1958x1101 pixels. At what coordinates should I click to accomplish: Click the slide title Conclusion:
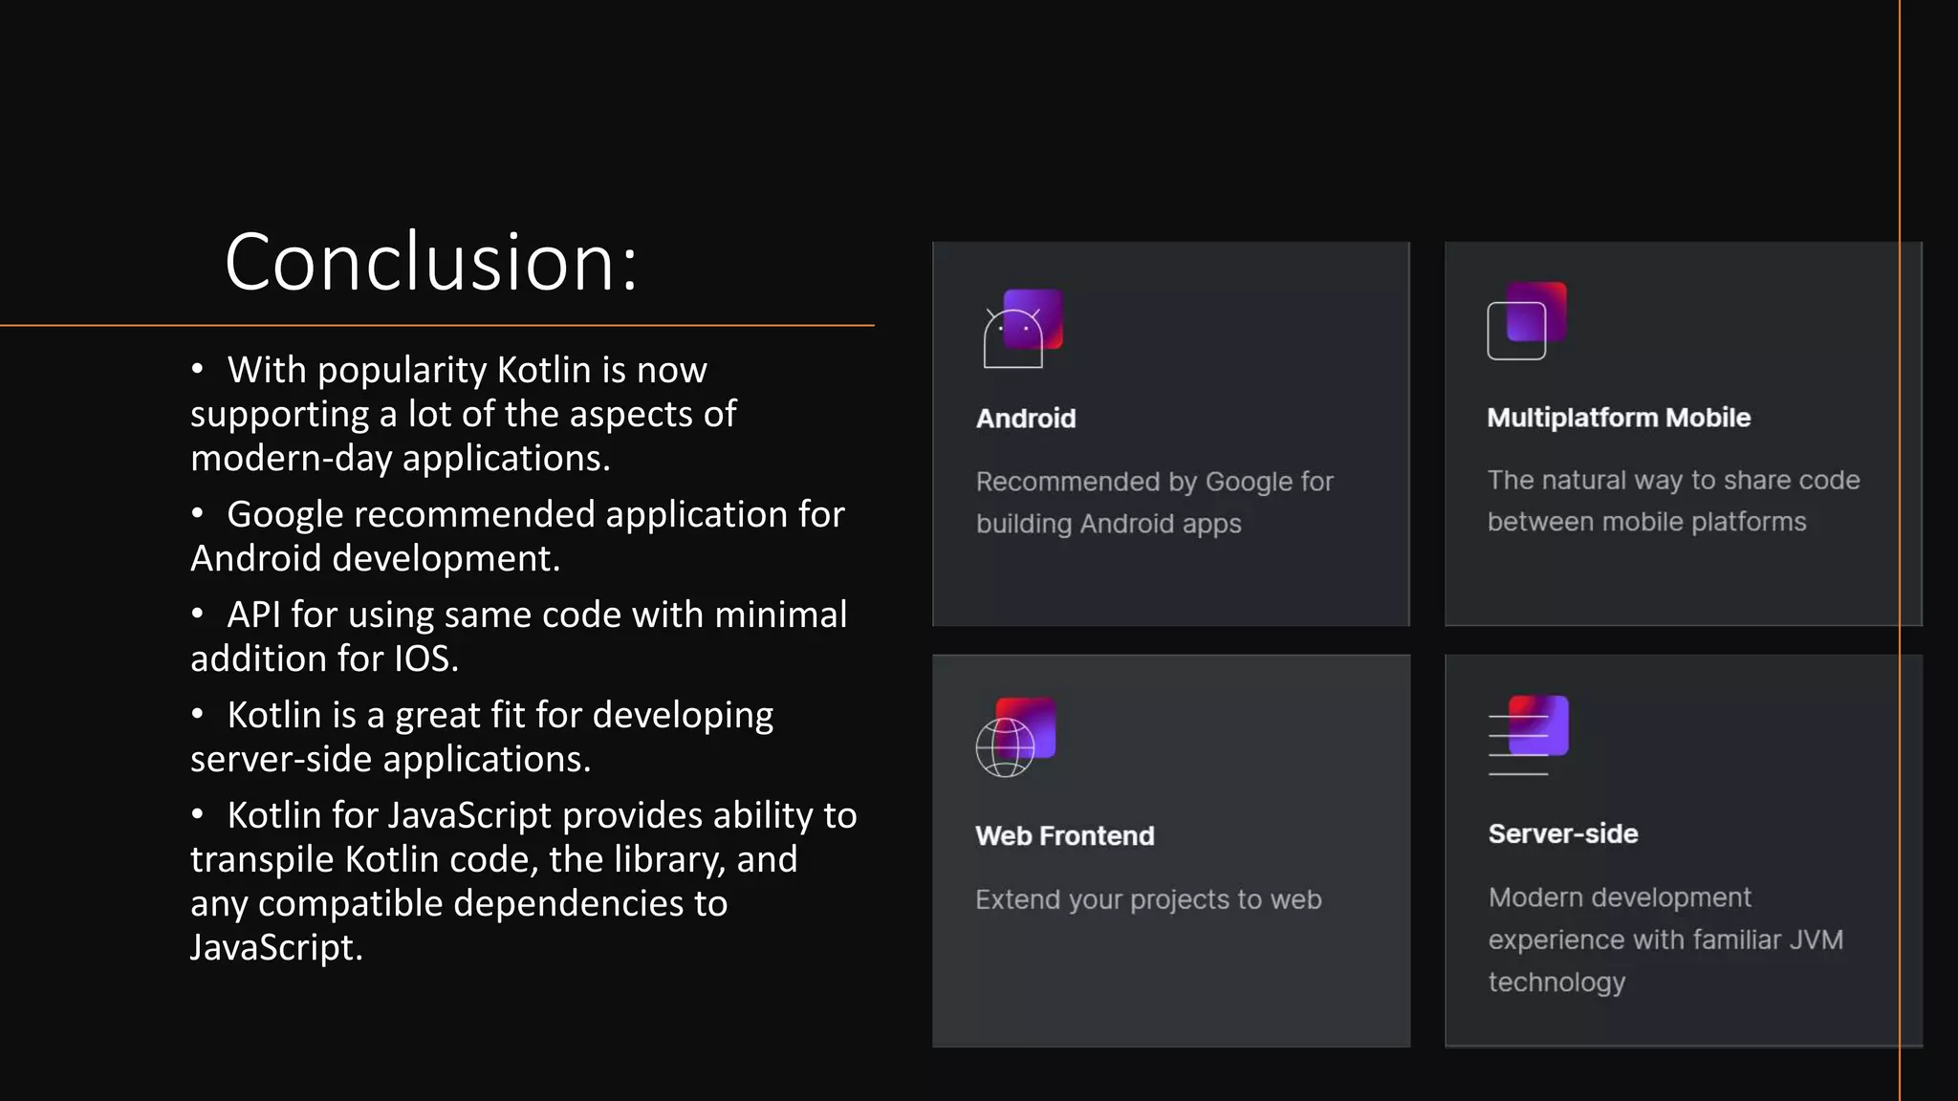click(431, 262)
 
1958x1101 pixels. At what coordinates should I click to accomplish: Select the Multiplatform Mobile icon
click(1526, 321)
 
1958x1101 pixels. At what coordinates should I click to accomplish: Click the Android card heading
click(1026, 419)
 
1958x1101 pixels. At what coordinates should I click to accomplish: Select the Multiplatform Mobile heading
click(1619, 418)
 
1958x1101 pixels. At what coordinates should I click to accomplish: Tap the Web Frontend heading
click(1065, 836)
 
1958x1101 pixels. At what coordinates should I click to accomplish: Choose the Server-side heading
click(1563, 834)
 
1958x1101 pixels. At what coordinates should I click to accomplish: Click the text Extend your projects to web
click(1148, 899)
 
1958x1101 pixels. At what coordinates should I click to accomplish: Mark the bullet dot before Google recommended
click(197, 514)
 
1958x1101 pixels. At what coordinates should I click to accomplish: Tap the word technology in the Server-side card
click(1556, 982)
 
